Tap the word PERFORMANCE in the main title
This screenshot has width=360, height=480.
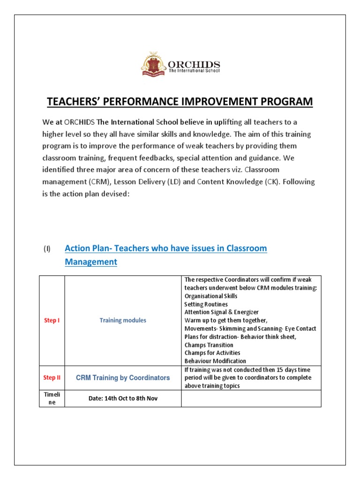[149, 102]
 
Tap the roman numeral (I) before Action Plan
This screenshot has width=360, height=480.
[47, 249]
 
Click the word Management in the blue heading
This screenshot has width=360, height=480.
[91, 262]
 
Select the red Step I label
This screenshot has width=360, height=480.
[52, 321]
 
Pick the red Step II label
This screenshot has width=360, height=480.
[52, 378]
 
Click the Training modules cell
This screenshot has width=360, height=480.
[123, 321]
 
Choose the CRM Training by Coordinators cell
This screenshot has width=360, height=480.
[123, 378]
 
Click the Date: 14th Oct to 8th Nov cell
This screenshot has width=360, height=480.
[123, 398]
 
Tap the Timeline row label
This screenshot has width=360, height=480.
[52, 398]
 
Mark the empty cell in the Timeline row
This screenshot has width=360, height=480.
[251, 398]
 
